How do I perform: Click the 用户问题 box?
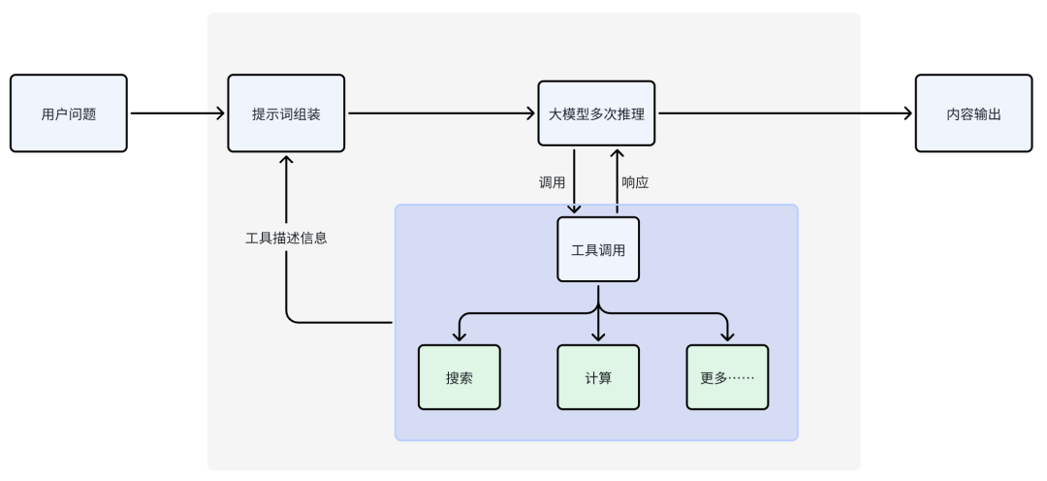pyautogui.click(x=69, y=113)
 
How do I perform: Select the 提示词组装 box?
pyautogui.click(x=286, y=113)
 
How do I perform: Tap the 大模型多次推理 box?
pyautogui.click(x=596, y=113)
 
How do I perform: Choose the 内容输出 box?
pyautogui.click(x=973, y=113)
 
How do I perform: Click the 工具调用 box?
pyautogui.click(x=598, y=249)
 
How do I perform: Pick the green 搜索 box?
pyautogui.click(x=460, y=377)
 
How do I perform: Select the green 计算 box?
pyautogui.click(x=598, y=377)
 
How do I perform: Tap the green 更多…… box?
pyautogui.click(x=727, y=377)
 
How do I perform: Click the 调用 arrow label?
pyautogui.click(x=552, y=181)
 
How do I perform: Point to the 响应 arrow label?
pyautogui.click(x=635, y=181)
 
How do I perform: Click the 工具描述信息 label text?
pyautogui.click(x=286, y=238)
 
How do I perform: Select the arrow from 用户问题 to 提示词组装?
pyautogui.click(x=177, y=113)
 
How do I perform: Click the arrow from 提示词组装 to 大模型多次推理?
pyautogui.click(x=441, y=113)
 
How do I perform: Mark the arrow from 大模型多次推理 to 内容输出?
pyautogui.click(x=785, y=113)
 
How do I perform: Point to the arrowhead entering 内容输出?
pyautogui.click(x=908, y=113)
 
